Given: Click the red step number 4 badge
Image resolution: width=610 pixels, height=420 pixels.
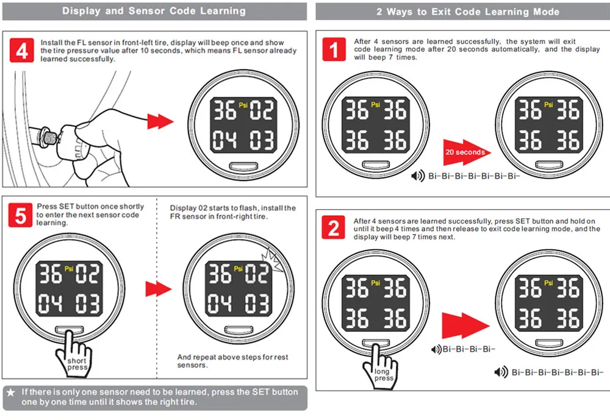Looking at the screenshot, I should point(22,51).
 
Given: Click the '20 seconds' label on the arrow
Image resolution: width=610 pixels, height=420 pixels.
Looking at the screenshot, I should point(465,152).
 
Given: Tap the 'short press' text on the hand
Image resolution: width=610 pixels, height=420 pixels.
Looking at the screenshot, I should point(77,364).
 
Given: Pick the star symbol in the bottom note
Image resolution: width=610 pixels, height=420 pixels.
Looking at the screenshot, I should point(11,392).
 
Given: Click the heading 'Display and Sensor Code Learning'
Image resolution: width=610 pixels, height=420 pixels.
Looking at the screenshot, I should point(154,11).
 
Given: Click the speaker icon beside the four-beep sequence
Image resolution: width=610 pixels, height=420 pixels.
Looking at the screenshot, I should point(436,349).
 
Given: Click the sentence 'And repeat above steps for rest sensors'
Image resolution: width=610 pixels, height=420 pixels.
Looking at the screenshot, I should point(232,361).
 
